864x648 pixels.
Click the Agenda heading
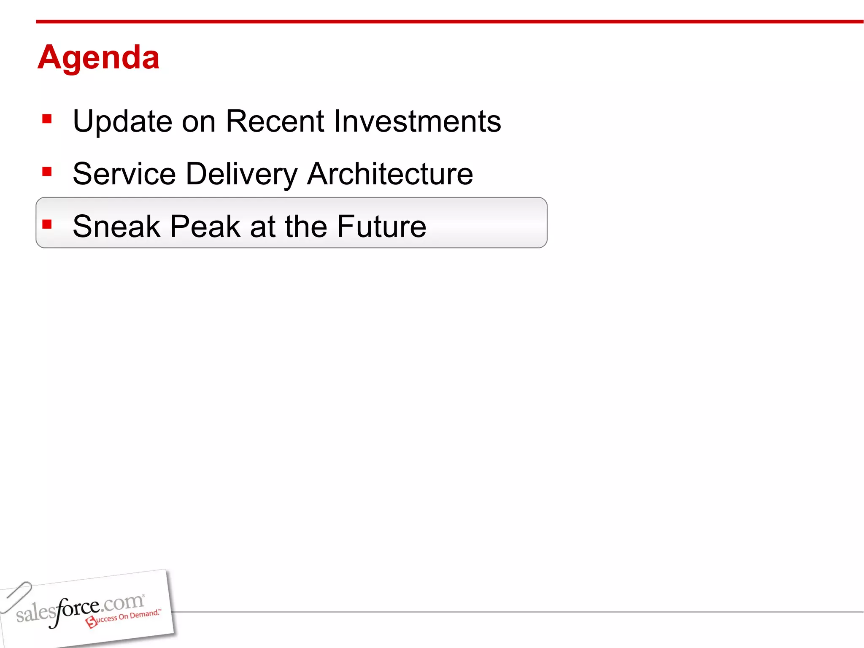pyautogui.click(x=98, y=57)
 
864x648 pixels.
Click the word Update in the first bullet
pyautogui.click(x=122, y=121)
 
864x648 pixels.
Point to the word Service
pyautogui.click(x=124, y=174)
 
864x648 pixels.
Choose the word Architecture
pyautogui.click(x=390, y=174)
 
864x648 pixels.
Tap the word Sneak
pyautogui.click(x=116, y=227)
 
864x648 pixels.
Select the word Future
pyautogui.click(x=381, y=227)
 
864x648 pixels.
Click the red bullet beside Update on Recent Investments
pyautogui.click(x=47, y=119)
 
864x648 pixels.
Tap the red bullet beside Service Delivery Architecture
pyautogui.click(x=47, y=172)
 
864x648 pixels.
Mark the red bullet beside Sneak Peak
pyautogui.click(x=47, y=224)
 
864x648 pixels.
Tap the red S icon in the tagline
pyautogui.click(x=91, y=622)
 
